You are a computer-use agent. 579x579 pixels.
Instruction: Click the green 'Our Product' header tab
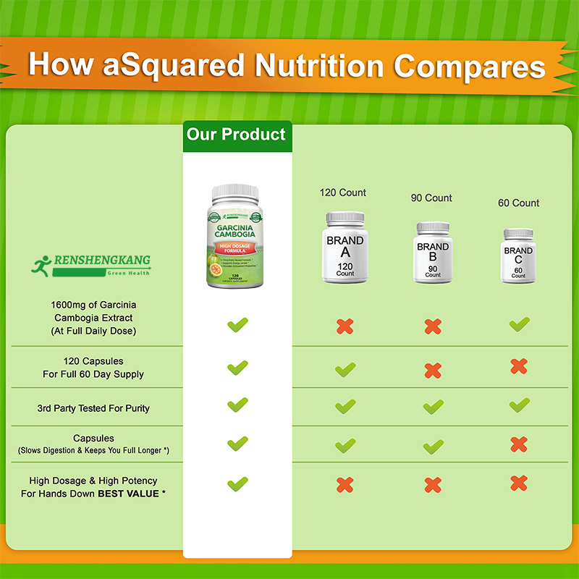[x=237, y=135]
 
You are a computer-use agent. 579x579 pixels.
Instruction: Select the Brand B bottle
[x=433, y=252]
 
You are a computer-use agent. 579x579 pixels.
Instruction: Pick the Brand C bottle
[x=518, y=255]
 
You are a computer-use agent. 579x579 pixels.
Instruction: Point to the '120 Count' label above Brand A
[x=343, y=193]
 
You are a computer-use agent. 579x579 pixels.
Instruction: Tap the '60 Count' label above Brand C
[x=518, y=203]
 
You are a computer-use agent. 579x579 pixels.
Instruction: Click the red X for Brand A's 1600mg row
[x=345, y=326]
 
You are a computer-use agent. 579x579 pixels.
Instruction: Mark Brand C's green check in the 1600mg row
[x=519, y=324]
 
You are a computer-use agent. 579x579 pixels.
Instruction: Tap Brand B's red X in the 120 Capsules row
[x=433, y=371]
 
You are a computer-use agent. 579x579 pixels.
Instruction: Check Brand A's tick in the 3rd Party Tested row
[x=345, y=407]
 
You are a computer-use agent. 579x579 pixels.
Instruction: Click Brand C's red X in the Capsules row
[x=519, y=444]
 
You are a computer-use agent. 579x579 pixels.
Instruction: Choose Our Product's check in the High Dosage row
[x=237, y=483]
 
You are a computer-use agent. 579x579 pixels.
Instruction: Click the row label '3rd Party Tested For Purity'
[x=93, y=408]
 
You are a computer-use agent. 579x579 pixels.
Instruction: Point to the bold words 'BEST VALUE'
[x=133, y=494]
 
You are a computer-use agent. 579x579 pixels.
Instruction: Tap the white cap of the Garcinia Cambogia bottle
[x=235, y=192]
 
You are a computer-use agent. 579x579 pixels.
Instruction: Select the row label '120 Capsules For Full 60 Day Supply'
[x=93, y=368]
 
